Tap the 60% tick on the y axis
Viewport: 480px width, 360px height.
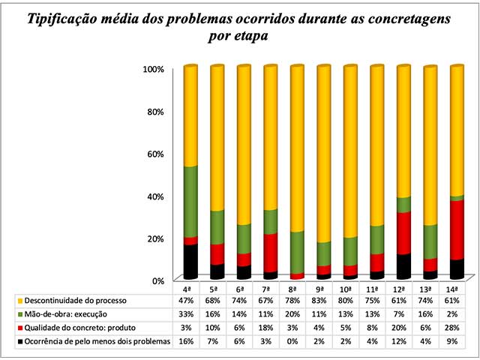[x=154, y=154]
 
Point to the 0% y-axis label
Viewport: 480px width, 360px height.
[x=158, y=281]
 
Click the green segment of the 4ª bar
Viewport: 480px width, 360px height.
[x=190, y=202]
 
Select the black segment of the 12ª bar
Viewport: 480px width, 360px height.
[x=403, y=267]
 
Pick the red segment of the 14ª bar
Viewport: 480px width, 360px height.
[x=457, y=230]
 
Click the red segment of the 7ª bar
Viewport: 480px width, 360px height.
[x=270, y=253]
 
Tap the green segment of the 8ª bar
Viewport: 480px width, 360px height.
[x=297, y=253]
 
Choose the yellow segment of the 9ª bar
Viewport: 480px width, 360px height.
[x=323, y=154]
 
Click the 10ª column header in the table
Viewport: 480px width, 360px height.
[x=345, y=289]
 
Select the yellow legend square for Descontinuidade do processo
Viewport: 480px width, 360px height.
[x=20, y=301]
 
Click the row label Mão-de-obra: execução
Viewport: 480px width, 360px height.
[x=65, y=314]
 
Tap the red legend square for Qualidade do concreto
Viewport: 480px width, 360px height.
[x=20, y=328]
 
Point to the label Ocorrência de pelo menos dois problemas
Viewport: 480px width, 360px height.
[x=97, y=341]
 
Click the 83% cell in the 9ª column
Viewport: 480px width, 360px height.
[x=319, y=301]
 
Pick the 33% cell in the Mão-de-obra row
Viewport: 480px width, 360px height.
[x=186, y=314]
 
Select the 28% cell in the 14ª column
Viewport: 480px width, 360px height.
[x=451, y=328]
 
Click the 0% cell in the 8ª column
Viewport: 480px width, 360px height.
[x=292, y=341]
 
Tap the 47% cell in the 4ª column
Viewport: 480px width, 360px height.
[x=186, y=301]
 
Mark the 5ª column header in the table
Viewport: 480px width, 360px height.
[x=212, y=289]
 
